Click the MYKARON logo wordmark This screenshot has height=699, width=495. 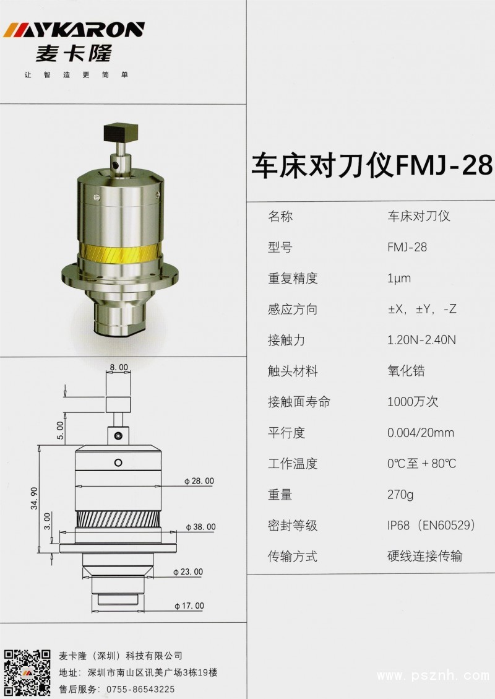tap(74, 30)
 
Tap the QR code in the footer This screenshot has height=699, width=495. tap(27, 674)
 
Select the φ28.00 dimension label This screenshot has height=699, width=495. tap(199, 481)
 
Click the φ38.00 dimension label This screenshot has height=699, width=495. tap(201, 527)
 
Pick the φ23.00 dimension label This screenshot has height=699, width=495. tap(188, 572)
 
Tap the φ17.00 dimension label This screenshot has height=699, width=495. tap(189, 606)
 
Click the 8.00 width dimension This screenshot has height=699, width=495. tap(119, 368)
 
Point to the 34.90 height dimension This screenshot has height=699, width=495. tap(34, 498)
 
